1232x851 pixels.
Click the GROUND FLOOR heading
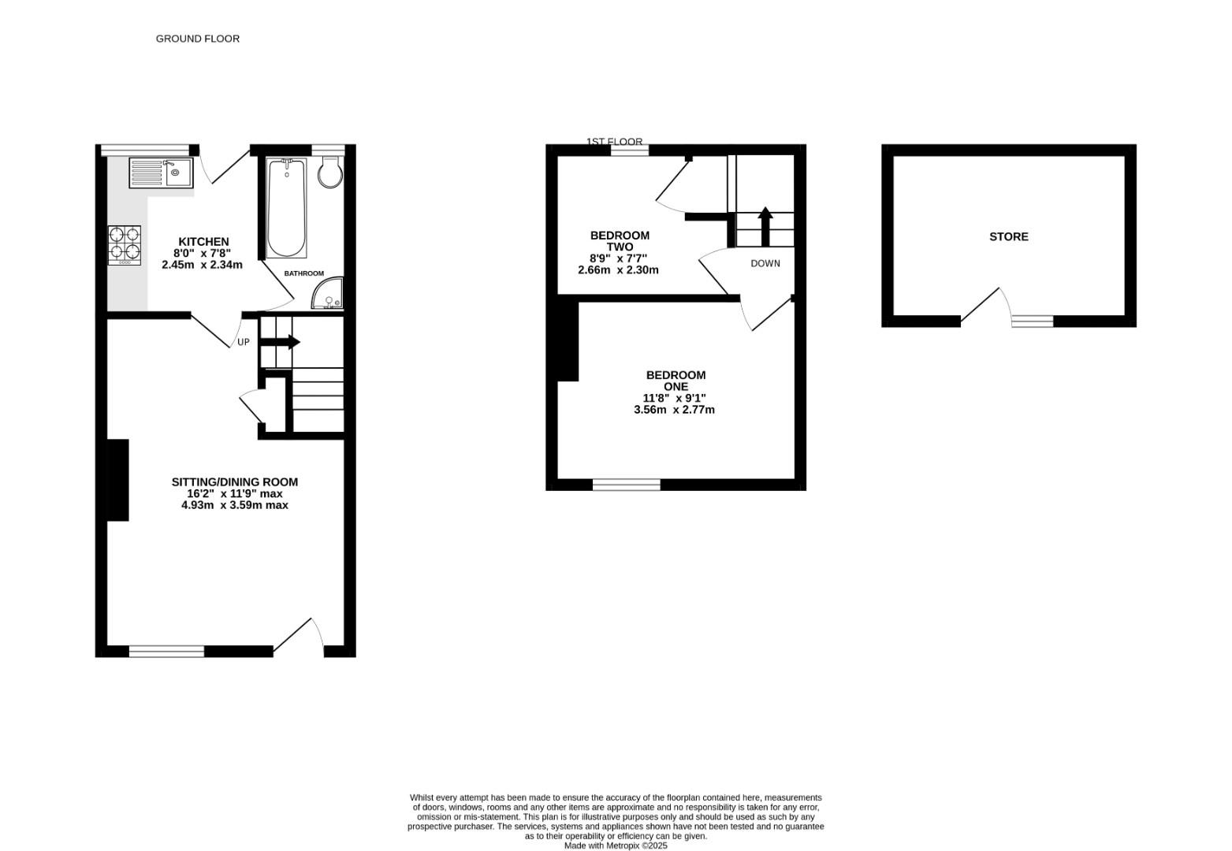tap(197, 39)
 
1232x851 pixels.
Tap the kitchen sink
tap(161, 173)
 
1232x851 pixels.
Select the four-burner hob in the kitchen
tap(125, 245)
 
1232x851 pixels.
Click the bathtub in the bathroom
tap(286, 208)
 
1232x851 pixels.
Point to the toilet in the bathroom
tap(330, 171)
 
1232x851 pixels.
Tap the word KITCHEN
tap(203, 241)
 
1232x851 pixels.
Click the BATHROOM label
tap(304, 273)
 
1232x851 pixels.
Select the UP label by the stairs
tap(243, 342)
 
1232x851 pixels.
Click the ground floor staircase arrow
tap(279, 342)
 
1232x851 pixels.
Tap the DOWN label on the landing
tap(765, 263)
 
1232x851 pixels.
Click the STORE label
tap(1009, 236)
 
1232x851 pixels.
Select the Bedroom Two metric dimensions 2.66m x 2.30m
tap(618, 270)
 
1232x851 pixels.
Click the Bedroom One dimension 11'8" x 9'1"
tap(674, 398)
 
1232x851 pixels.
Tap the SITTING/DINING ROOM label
tap(235, 482)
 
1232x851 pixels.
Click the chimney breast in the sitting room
tap(117, 480)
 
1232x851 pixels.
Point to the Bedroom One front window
tap(627, 485)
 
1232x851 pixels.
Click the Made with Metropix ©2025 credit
tap(616, 845)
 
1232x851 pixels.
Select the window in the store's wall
tap(1033, 321)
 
